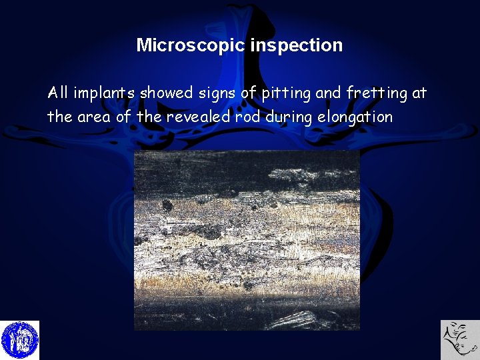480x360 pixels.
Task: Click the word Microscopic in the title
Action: (191, 45)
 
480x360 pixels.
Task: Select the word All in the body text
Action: (59, 93)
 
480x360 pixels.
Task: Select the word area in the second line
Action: (96, 117)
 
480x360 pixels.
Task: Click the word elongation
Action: (355, 117)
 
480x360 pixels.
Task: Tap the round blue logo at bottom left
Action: (20, 340)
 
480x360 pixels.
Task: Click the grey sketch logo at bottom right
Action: (460, 340)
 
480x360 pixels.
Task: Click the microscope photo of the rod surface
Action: (247, 240)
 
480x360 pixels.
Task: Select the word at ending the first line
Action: (419, 93)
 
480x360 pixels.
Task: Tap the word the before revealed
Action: (148, 117)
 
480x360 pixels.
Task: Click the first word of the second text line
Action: (59, 117)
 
